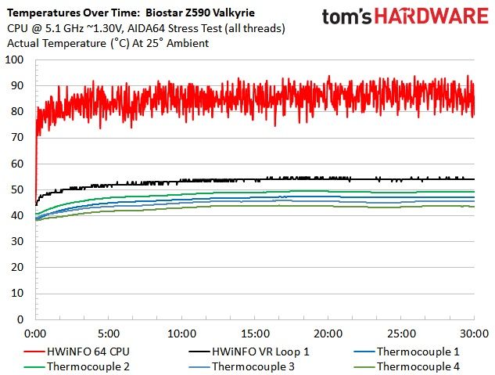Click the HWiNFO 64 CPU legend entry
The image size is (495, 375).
point(77,352)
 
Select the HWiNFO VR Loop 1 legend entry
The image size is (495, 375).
point(249,352)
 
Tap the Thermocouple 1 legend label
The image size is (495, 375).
point(418,352)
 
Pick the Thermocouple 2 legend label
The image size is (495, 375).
point(88,366)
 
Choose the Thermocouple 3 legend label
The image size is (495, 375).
point(253,366)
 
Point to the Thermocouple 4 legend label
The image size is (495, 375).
point(418,366)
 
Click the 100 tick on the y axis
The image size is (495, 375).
point(14,59)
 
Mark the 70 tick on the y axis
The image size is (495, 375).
point(17,138)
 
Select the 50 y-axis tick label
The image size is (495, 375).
point(17,189)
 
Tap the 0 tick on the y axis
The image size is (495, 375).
point(20,319)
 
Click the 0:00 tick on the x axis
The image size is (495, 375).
point(35,334)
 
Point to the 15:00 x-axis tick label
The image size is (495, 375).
point(255,334)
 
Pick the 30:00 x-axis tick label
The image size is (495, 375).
point(474,334)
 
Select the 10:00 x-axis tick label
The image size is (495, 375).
point(182,334)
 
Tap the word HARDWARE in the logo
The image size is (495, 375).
point(432,16)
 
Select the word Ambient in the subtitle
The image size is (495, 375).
point(188,43)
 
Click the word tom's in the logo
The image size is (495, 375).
point(347,17)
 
